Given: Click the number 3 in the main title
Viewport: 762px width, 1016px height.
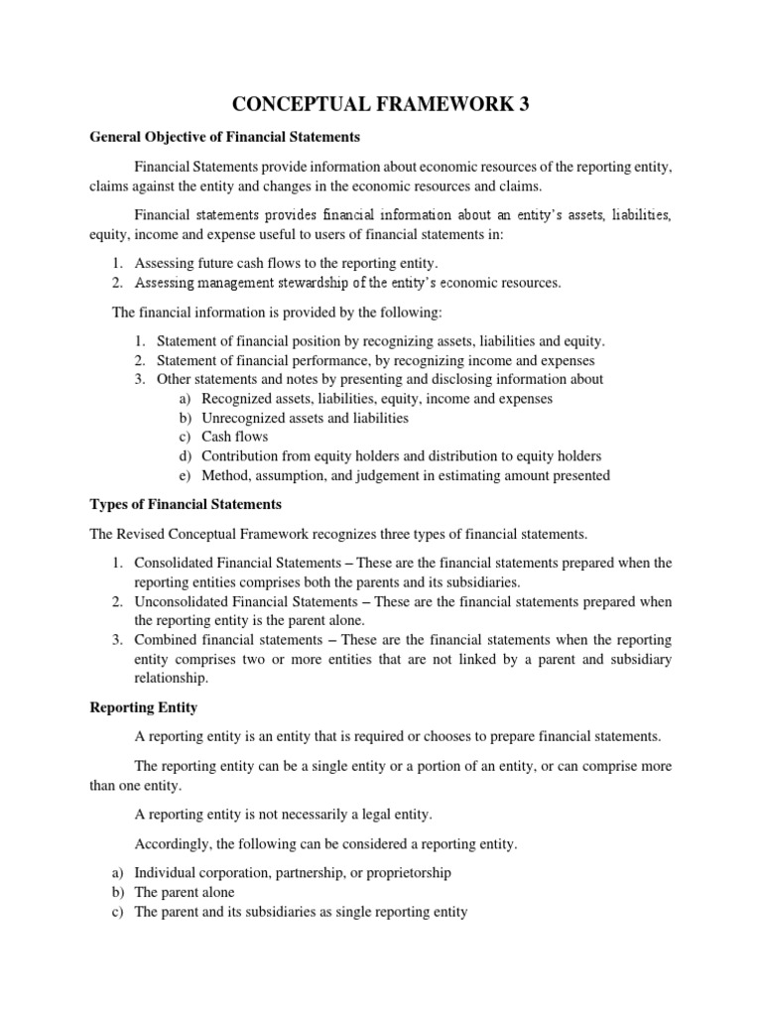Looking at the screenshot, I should (522, 105).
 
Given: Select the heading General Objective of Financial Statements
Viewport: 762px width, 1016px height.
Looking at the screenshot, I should (224, 137).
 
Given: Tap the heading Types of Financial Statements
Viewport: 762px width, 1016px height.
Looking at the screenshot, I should (187, 504).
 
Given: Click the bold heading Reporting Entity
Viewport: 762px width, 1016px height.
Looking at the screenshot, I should (144, 707).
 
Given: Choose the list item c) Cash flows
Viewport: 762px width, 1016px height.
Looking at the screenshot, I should (235, 437).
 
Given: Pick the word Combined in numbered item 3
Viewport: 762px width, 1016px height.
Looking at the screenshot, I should (163, 640).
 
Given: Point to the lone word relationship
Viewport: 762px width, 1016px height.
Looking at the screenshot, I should (171, 679).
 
